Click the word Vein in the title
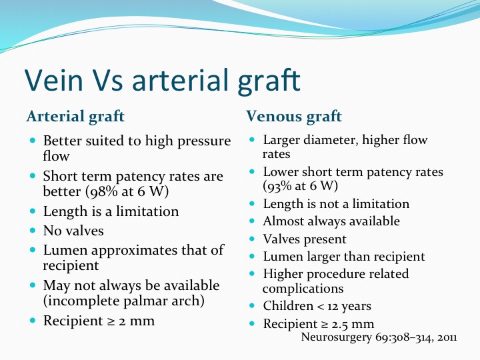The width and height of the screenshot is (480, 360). tap(54, 80)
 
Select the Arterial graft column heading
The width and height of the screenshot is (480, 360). tap(75, 116)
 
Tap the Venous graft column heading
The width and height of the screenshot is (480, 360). tap(294, 116)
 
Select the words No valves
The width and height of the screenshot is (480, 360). tap(73, 231)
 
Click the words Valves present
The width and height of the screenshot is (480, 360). tap(305, 239)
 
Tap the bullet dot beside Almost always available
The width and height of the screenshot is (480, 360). tap(252, 221)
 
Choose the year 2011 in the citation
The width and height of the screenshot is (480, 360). tap(447, 337)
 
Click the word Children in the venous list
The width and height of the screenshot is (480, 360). tap(288, 305)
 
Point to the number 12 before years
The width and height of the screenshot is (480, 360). tap(333, 306)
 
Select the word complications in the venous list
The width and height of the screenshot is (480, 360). tap(303, 289)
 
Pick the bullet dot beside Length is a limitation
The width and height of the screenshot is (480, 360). tap(33, 211)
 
